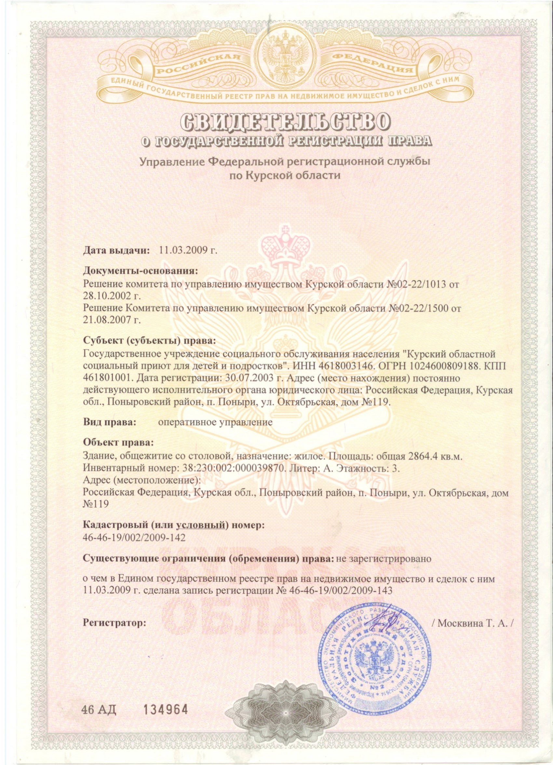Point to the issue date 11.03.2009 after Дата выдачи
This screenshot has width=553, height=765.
point(184,251)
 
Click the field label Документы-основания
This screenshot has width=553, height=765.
point(140,271)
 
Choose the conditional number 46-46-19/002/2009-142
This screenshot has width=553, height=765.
point(134,537)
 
